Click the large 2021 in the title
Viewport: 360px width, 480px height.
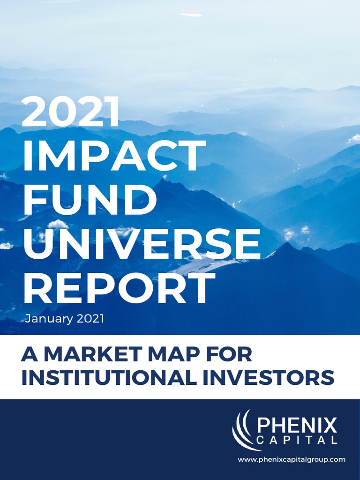(71, 112)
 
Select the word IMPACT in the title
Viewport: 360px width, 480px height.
(114, 156)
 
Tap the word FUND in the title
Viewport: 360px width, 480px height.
(90, 200)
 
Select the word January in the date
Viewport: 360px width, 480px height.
(48, 319)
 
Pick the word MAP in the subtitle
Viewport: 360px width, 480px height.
(175, 355)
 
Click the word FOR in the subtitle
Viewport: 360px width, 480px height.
(232, 355)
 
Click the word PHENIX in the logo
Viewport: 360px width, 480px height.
(297, 426)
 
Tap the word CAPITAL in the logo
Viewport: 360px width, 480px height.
(297, 441)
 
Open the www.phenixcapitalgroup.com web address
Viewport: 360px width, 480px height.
(292, 460)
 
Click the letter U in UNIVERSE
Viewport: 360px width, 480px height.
(36, 244)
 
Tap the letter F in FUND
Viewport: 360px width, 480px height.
(33, 200)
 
